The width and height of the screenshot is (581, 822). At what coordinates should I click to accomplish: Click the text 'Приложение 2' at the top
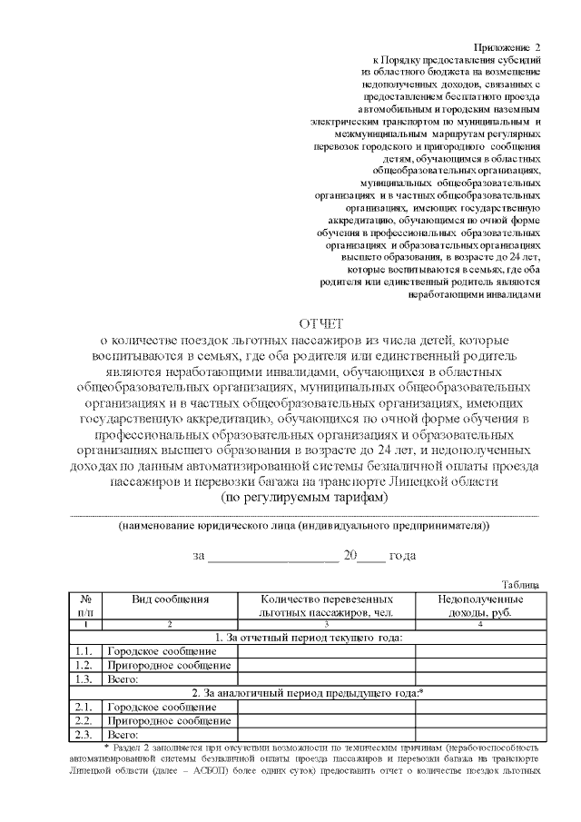point(507,46)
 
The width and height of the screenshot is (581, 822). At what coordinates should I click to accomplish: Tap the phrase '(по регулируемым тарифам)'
point(304,499)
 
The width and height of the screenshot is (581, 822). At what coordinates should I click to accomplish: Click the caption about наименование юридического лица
point(304,527)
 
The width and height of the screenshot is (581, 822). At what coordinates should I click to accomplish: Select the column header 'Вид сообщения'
point(170,600)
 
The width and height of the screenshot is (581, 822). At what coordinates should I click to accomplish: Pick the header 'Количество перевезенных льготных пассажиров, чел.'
point(326,607)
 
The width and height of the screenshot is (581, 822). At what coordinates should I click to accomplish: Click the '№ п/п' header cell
point(85,607)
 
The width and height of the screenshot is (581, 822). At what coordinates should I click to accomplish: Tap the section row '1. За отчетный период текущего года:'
point(308,638)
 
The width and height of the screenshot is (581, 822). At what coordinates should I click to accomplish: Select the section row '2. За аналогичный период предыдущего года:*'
point(308,693)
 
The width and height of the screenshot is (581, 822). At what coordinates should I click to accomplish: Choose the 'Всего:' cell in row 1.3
point(123,678)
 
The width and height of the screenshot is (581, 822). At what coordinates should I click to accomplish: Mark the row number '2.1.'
point(85,707)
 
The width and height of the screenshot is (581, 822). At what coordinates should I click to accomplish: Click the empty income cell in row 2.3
point(478,734)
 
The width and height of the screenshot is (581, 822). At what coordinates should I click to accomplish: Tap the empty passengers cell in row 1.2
point(326,665)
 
